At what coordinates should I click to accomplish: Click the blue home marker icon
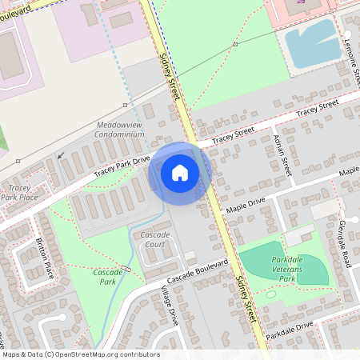[180, 173]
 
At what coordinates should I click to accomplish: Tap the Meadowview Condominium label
[121, 130]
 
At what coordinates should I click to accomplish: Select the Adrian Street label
[282, 154]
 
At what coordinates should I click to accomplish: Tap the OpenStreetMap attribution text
[80, 354]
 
